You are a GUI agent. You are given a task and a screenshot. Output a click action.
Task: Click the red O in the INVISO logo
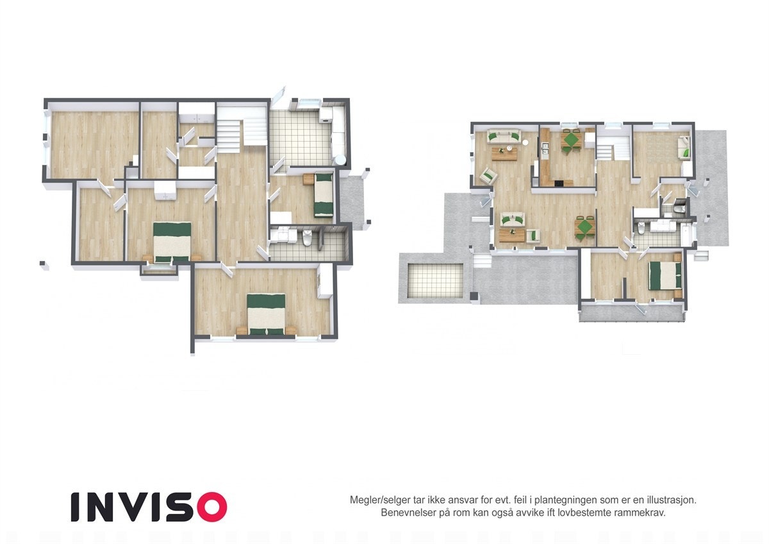tap(211, 507)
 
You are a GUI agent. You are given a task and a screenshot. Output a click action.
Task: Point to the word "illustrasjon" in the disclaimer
tap(669, 499)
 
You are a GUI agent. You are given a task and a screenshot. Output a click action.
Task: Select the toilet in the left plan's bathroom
tap(307, 238)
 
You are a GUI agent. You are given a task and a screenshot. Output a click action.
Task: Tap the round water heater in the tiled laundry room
tap(339, 160)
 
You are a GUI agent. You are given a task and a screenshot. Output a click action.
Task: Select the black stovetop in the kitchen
tap(559, 183)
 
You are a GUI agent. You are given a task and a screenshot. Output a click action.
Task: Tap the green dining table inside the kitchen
tap(570, 139)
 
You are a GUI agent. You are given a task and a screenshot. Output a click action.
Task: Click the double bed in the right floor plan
tap(665, 276)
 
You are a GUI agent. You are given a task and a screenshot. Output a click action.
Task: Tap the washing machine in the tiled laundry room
tap(326, 114)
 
